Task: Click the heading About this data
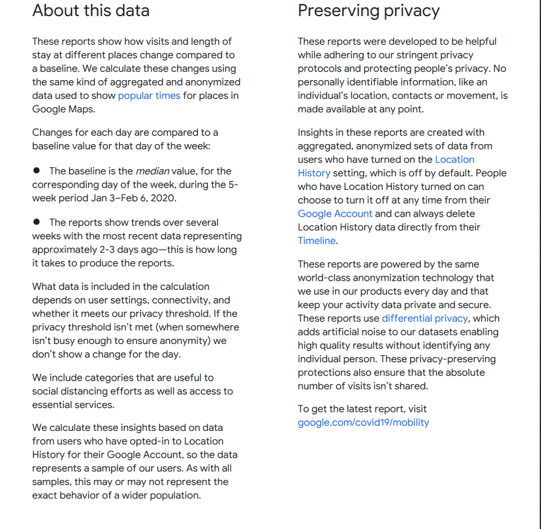[x=91, y=11]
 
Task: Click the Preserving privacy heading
[x=369, y=11]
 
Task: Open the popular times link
[x=149, y=96]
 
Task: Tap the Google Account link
[x=335, y=214]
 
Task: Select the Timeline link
[x=316, y=241]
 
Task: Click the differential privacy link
[x=424, y=319]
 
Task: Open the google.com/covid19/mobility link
[x=363, y=423]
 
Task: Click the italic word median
[x=152, y=171]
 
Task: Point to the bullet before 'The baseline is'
[x=37, y=170]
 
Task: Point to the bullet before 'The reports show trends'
[x=37, y=222]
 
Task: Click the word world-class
[x=326, y=278]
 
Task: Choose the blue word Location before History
[x=455, y=160]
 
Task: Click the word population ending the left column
[x=177, y=495]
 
